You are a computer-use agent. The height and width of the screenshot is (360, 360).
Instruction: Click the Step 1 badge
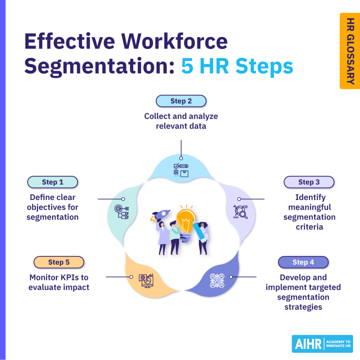pos(52,182)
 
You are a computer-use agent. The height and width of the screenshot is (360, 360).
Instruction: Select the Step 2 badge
pos(181,101)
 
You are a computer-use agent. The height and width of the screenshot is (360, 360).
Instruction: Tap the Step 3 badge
pos(309,182)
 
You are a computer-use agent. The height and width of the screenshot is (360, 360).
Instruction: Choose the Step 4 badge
pos(303,262)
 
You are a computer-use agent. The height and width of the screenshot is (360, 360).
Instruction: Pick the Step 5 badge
pos(59,262)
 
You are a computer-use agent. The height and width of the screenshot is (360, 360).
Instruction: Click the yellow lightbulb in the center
pos(186,220)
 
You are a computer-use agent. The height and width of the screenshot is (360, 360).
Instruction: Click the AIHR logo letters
pos(307,344)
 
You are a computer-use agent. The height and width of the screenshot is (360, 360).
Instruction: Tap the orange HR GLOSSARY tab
pos(350,51)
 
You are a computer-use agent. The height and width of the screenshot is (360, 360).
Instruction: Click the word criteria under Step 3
pos(309,227)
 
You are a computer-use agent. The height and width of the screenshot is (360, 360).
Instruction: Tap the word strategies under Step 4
pos(303,307)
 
